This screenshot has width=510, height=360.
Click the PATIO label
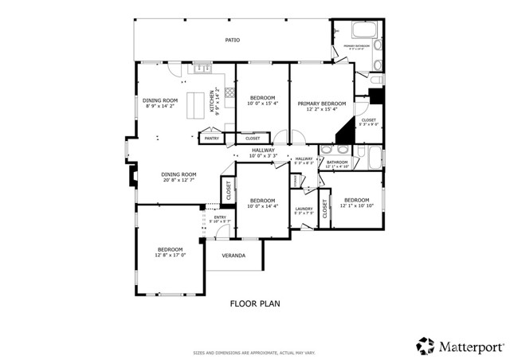232,39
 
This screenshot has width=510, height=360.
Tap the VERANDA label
233,256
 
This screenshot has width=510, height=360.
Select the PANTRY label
211,139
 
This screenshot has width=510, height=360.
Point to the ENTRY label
220,217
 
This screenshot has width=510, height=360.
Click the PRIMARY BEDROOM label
322,104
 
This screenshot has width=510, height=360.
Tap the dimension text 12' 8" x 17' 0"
171,256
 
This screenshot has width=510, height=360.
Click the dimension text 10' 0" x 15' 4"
261,104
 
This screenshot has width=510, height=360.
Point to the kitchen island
196,104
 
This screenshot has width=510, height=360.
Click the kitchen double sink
196,70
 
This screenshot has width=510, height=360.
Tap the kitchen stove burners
229,93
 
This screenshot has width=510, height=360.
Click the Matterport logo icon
425,346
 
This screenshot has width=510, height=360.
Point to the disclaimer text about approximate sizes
254,351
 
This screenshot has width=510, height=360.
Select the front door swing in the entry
224,231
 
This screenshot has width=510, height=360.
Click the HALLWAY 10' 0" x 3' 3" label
263,152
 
